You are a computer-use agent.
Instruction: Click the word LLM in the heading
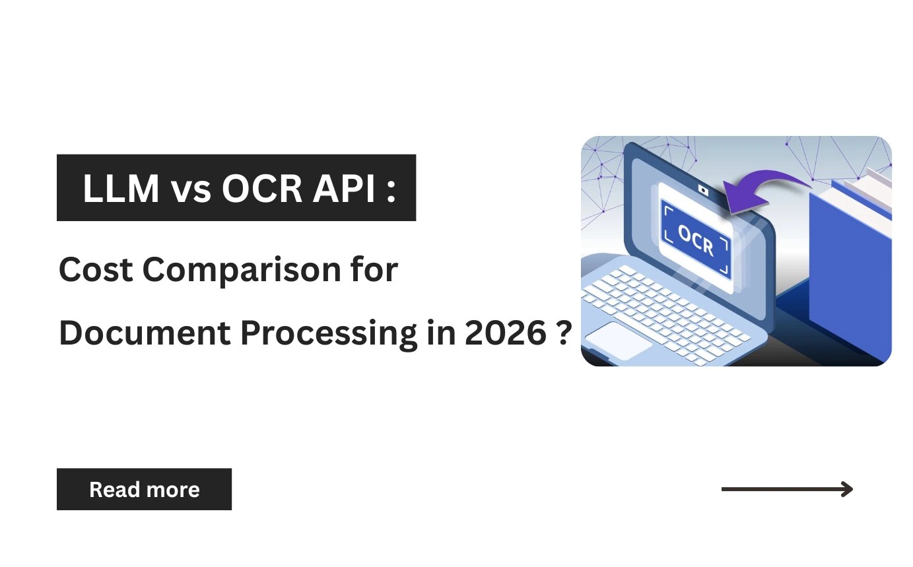click(x=121, y=188)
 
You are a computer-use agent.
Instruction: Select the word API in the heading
click(x=348, y=188)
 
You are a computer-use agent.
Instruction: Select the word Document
click(x=144, y=333)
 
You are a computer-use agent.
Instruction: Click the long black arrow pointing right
click(x=787, y=489)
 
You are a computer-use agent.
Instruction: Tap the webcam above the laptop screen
click(x=704, y=191)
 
